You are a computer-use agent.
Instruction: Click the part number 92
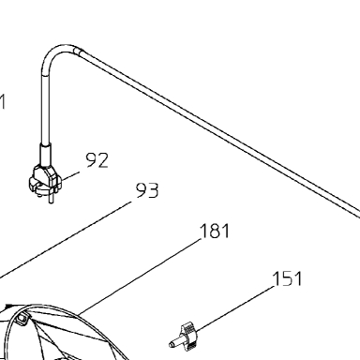click(x=97, y=160)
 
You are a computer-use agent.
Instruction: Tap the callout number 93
click(x=147, y=190)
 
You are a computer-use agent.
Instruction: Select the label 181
click(x=215, y=232)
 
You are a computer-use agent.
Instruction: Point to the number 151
click(x=287, y=278)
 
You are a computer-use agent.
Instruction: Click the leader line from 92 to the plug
click(x=70, y=176)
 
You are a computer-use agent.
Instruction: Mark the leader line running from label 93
click(x=66, y=240)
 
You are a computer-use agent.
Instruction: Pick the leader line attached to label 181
click(x=140, y=277)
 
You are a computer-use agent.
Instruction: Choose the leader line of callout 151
click(x=235, y=307)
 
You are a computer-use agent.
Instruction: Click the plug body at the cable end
click(x=44, y=180)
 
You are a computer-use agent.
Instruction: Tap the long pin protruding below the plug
click(x=50, y=198)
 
